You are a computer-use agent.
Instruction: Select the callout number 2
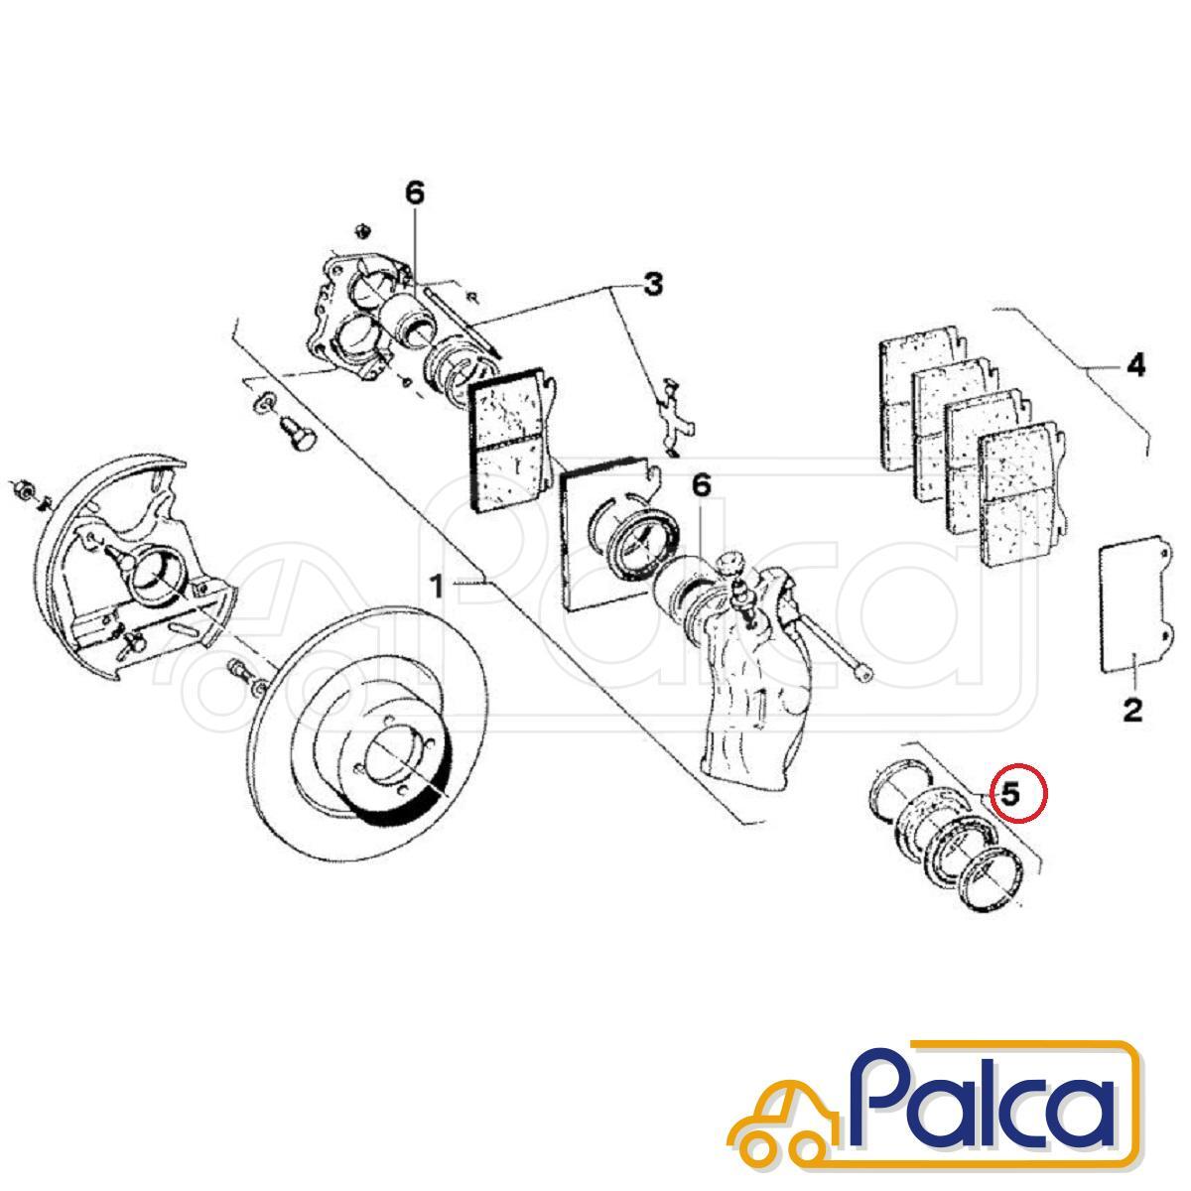point(1132,711)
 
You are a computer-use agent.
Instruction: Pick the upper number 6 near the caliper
point(415,194)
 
